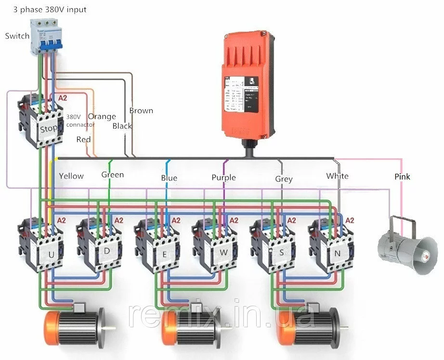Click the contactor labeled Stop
41,123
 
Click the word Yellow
71,176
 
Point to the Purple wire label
223,178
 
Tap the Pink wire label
402,177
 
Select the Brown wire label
141,110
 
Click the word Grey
284,179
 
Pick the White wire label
337,176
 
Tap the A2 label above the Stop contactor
62,98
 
